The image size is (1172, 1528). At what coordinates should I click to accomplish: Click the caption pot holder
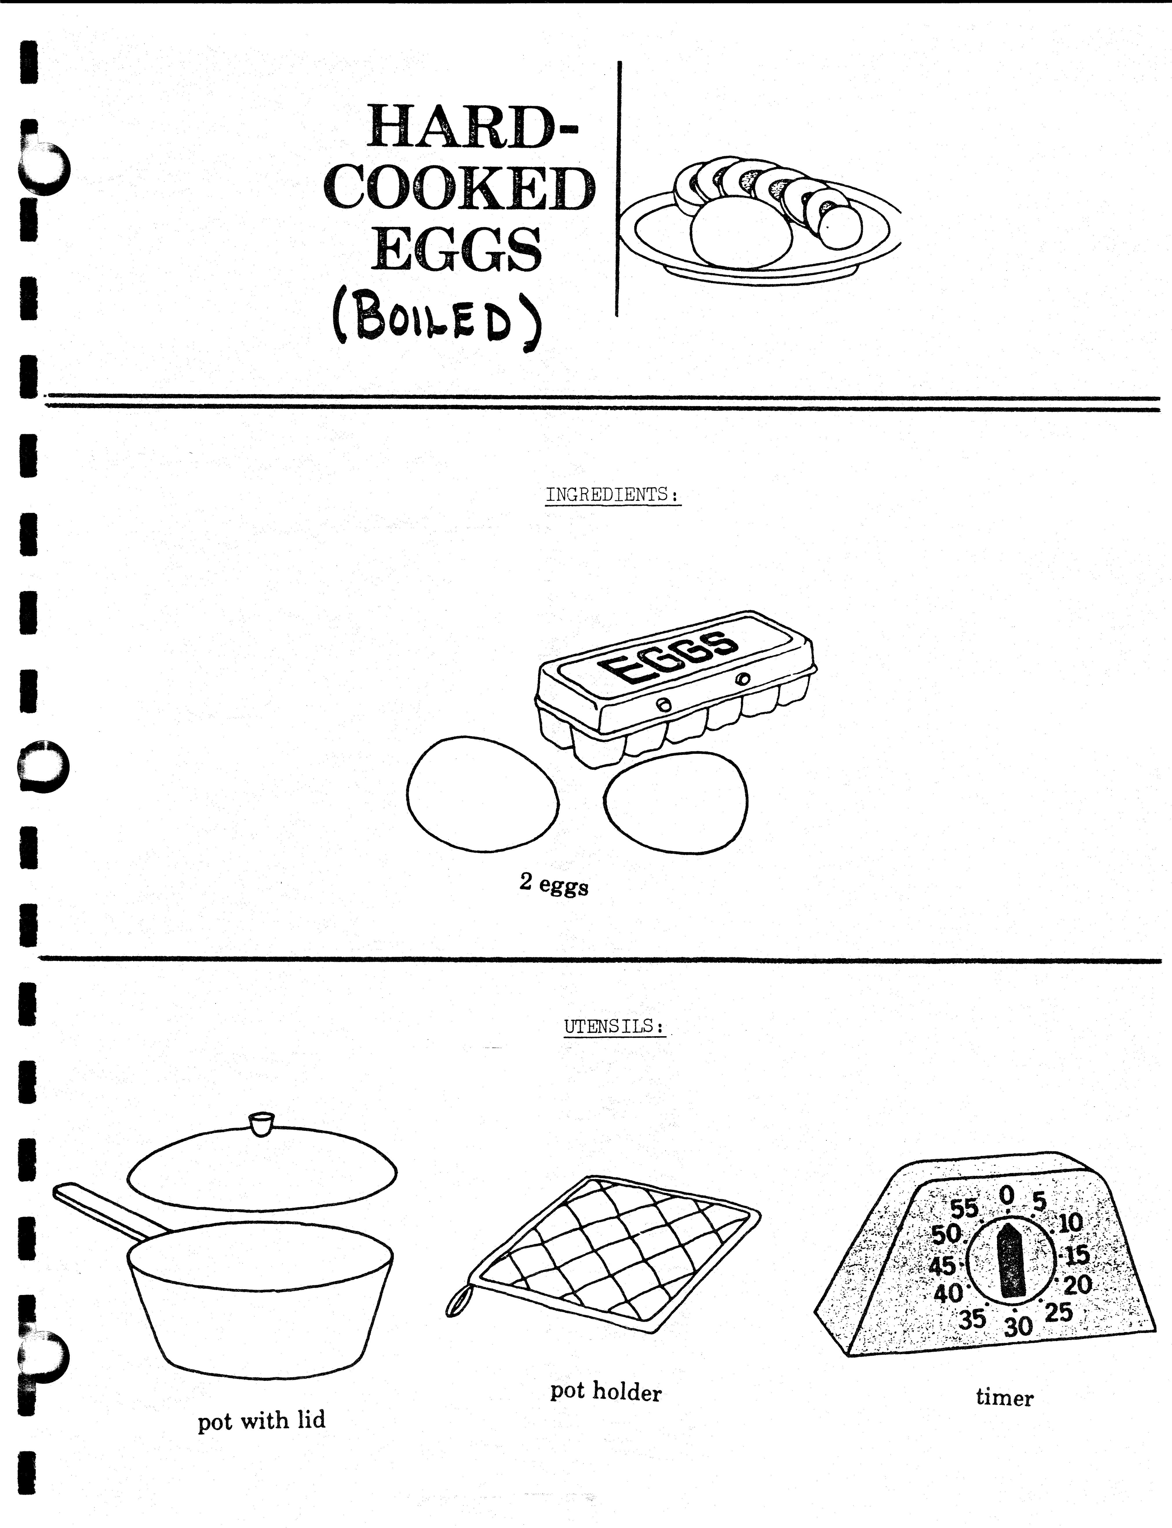pos(606,1391)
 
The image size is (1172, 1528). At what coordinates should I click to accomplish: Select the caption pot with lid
pos(262,1420)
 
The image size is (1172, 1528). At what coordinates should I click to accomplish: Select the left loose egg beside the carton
pos(483,794)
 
